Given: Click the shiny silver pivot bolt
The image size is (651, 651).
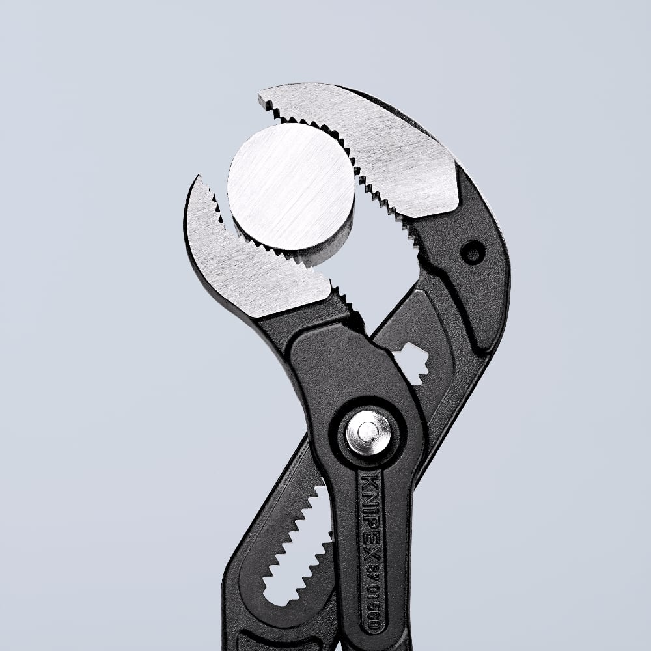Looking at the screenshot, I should [368, 433].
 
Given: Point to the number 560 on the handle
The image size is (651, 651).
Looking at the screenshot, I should [373, 616].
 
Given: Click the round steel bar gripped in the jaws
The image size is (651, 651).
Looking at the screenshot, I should [290, 186].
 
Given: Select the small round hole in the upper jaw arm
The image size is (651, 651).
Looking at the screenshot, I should [472, 252].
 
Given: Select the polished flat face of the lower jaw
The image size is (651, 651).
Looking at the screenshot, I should [254, 267].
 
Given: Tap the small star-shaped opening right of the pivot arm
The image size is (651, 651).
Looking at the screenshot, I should [411, 361].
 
